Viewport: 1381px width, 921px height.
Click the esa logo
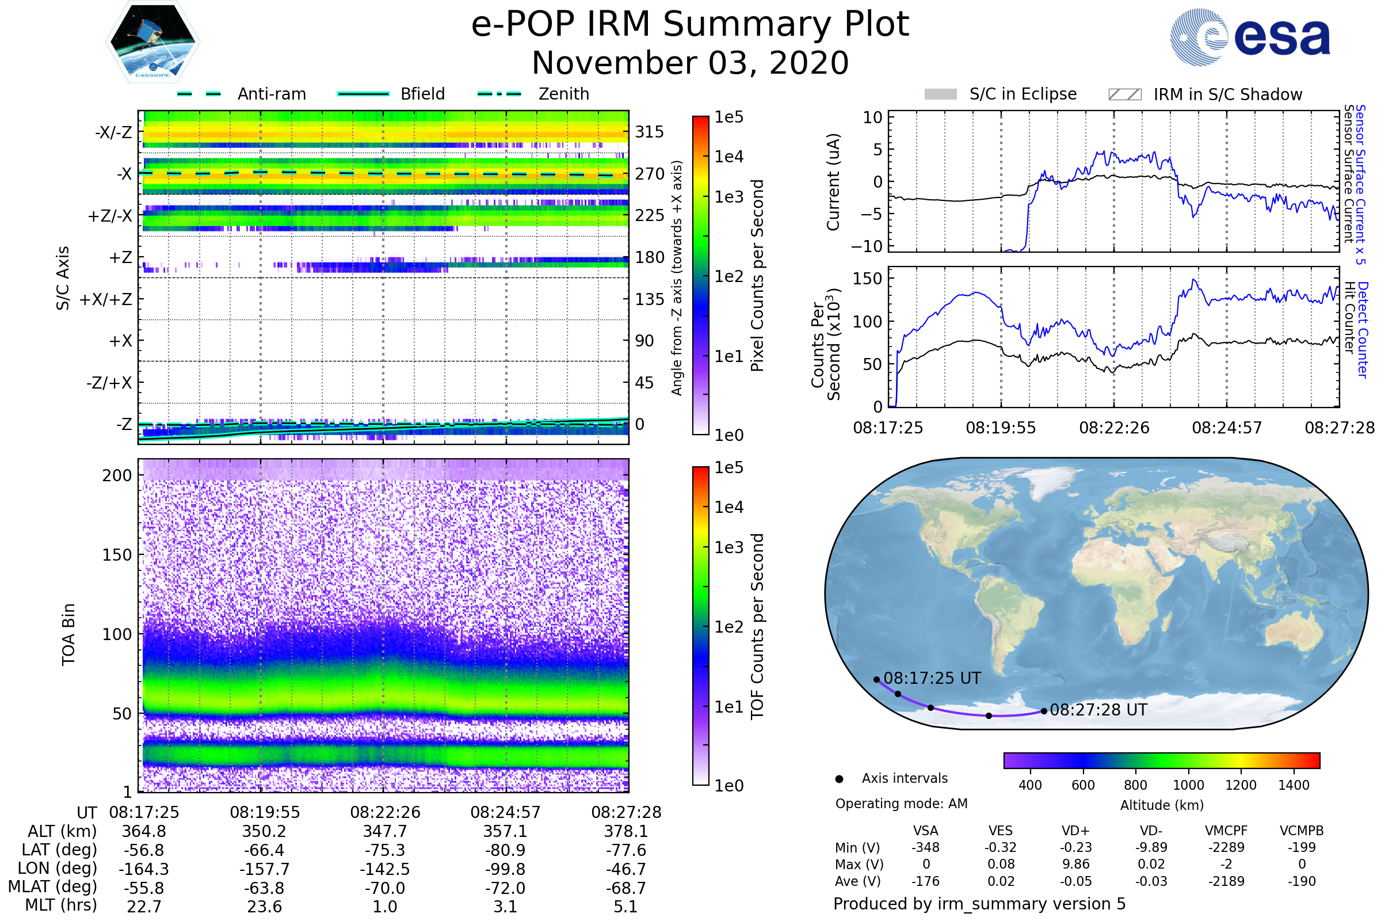pos(1250,37)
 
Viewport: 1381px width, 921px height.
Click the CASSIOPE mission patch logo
pos(152,41)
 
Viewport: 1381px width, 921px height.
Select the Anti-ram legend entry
pos(241,94)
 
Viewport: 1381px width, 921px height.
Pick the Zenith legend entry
pos(533,94)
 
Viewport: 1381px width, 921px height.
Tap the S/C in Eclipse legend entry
pos(1001,94)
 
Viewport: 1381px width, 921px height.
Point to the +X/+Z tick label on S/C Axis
pos(106,299)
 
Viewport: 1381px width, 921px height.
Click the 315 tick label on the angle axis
pos(650,132)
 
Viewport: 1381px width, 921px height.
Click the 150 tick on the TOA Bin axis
pos(117,554)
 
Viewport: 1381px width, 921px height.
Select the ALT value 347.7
pos(385,831)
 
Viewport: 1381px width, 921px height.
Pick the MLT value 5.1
pos(626,906)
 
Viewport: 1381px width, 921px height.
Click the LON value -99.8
pos(506,869)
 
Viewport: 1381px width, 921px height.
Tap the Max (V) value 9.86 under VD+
pos(1075,864)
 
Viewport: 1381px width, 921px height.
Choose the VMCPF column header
pos(1226,831)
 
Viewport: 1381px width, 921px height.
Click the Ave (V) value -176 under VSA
pos(925,881)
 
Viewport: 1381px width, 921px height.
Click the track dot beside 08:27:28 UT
pos(1044,711)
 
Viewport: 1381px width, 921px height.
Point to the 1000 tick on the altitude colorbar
pos(1188,785)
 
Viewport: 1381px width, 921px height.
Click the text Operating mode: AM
pos(901,803)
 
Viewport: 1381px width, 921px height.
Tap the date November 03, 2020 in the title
pos(690,63)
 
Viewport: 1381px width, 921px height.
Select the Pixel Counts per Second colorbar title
pos(757,276)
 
